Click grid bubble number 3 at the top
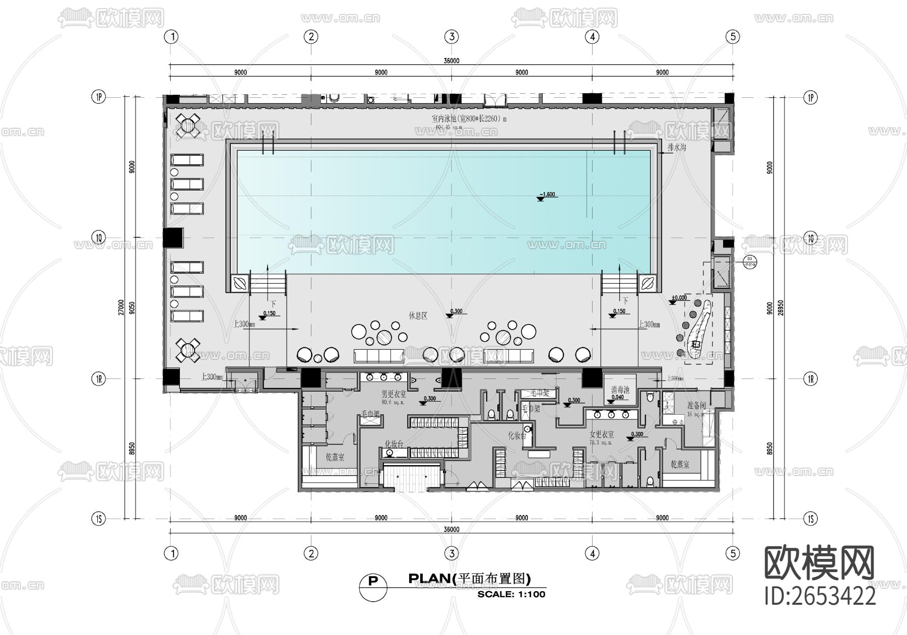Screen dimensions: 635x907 click(x=451, y=36)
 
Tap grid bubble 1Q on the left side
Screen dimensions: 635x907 click(x=99, y=237)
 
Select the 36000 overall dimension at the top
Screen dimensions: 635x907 click(x=451, y=60)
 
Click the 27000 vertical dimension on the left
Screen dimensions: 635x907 click(x=121, y=307)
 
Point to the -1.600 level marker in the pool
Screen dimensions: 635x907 click(x=547, y=195)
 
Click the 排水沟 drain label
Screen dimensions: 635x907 click(x=677, y=148)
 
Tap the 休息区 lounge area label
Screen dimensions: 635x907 click(x=418, y=316)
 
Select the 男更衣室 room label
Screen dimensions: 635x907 click(x=393, y=394)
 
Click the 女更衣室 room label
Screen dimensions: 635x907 click(x=601, y=434)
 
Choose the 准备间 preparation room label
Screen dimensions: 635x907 click(x=696, y=406)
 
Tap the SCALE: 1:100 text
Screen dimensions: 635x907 click(x=511, y=594)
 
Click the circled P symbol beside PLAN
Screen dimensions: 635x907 click(x=373, y=581)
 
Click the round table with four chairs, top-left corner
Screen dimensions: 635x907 click(x=187, y=124)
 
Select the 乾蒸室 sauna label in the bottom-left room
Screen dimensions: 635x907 click(x=335, y=457)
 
